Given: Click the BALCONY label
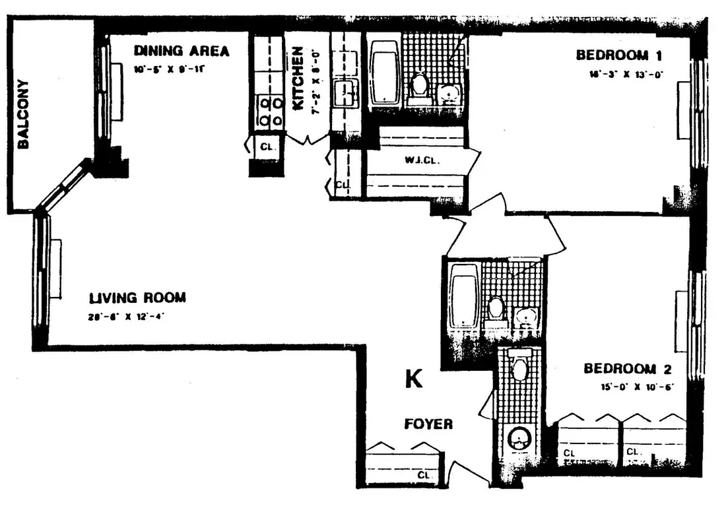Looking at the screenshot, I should [x=23, y=114].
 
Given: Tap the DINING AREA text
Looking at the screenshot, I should [x=182, y=51].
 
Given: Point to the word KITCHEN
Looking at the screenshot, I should [x=297, y=78].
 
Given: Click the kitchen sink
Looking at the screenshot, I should [x=345, y=93].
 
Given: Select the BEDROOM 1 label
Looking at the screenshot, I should [x=619, y=55].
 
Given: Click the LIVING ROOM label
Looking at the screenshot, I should [x=137, y=298].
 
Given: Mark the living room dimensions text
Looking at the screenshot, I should [x=125, y=316].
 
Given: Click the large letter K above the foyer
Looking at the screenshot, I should [x=414, y=379].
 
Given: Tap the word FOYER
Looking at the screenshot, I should [x=428, y=424].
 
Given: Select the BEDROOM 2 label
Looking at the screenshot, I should [x=629, y=368].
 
